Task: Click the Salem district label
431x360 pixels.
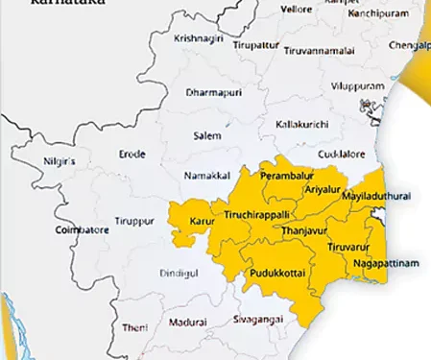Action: (206, 135)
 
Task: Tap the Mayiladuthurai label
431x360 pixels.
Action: (376, 196)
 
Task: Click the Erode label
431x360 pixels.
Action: (132, 154)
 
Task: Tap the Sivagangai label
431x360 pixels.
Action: (256, 319)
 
